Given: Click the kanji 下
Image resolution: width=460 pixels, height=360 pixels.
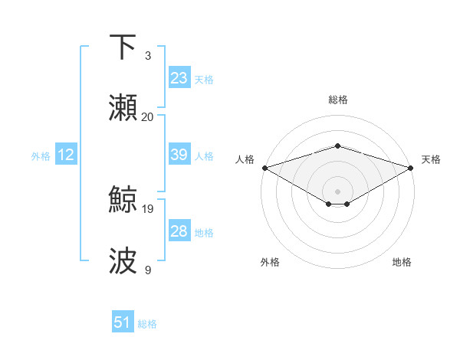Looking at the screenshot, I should pos(123,47).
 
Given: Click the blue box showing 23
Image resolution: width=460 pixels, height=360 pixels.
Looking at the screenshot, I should pos(179,78).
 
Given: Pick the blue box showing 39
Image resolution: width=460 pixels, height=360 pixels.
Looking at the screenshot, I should pos(179,155).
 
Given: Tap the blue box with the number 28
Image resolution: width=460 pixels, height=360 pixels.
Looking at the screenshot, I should pos(179,231).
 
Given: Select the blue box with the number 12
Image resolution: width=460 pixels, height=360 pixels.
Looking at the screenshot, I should pos(66,155).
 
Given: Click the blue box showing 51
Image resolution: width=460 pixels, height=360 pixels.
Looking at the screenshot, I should pos(123,322).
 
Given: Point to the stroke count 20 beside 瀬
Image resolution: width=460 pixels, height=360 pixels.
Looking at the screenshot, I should pos(148,117).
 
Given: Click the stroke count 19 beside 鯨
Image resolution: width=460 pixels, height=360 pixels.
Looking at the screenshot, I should pos(148,208).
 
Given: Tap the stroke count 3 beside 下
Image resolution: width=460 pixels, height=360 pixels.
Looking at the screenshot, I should pos(147,56).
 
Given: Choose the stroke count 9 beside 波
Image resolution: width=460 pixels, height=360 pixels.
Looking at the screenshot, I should pos(147,270).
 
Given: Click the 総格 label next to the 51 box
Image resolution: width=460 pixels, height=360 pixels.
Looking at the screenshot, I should pos(147,324).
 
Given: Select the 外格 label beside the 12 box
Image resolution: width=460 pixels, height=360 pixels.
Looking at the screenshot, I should pos(41,156).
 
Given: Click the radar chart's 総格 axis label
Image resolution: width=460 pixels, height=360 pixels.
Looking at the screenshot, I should pos(337,100).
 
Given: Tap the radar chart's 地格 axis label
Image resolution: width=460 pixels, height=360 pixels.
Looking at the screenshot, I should pos(402,263).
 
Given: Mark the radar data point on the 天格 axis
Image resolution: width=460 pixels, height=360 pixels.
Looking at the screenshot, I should pos(411,168).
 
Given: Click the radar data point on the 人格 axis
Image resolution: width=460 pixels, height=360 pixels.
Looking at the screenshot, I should pos(264,168).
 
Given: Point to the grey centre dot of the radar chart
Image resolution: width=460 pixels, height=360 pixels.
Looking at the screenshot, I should pos(337,191).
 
